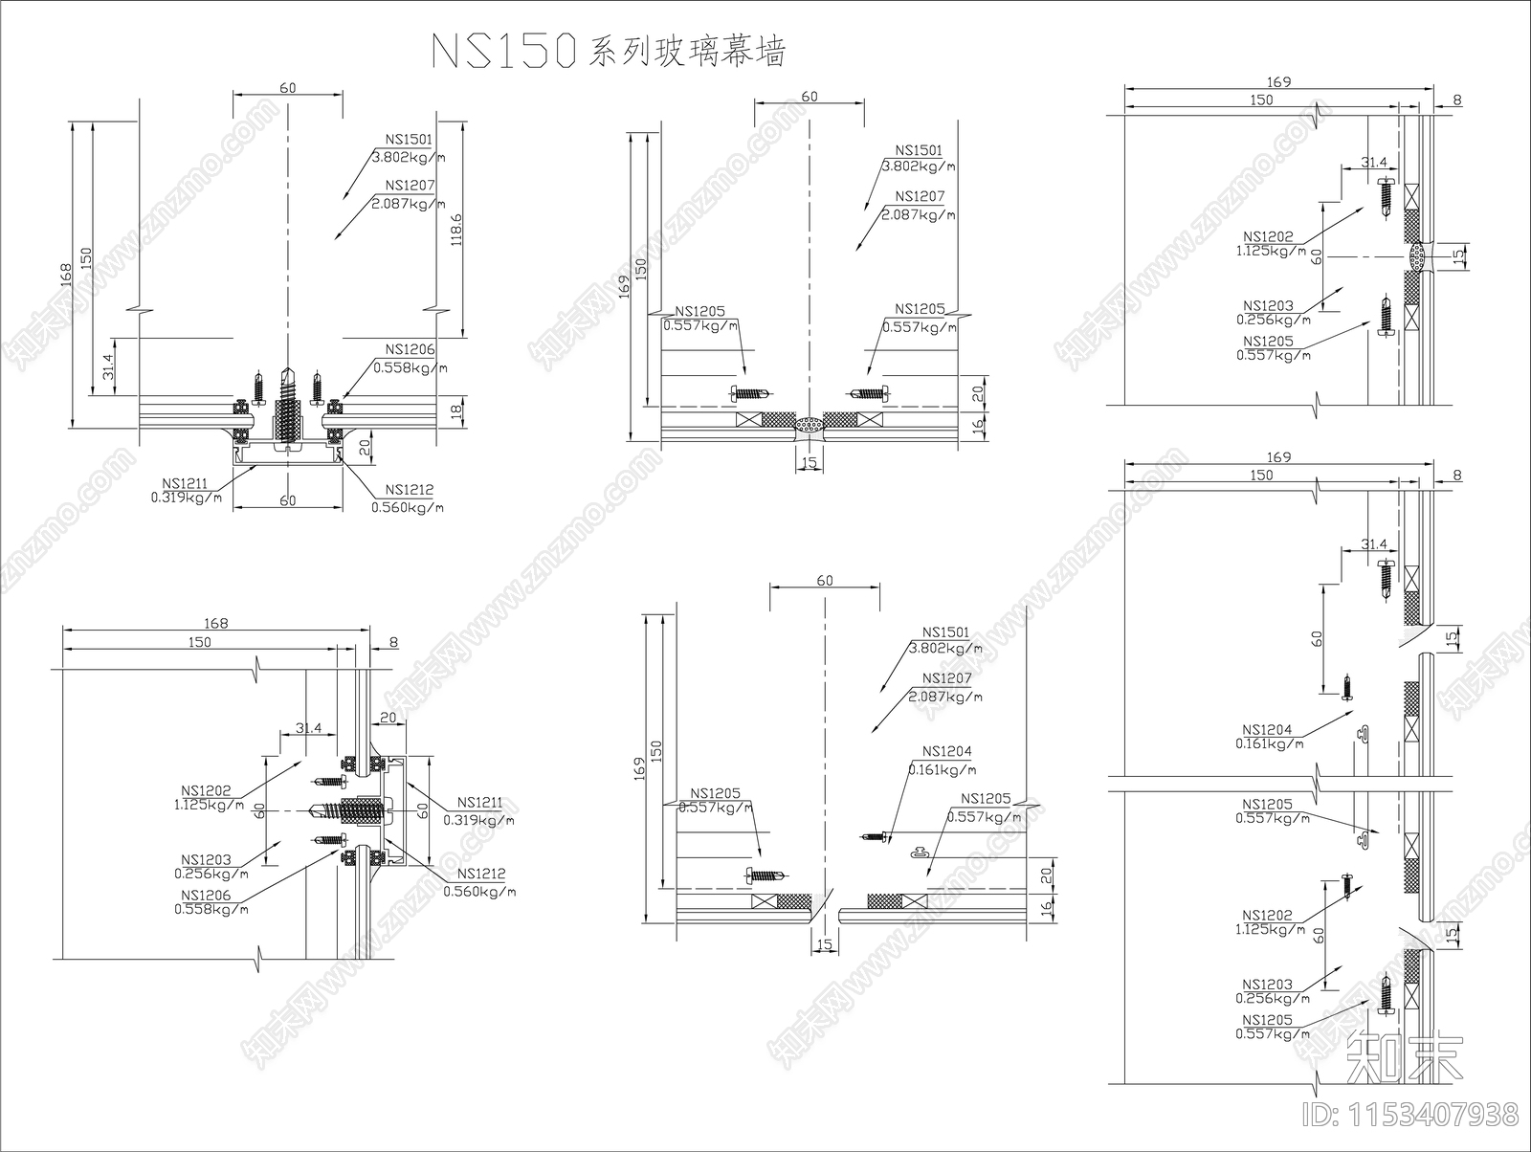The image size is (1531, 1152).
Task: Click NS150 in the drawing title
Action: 501,51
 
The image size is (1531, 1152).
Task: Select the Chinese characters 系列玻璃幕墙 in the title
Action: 687,52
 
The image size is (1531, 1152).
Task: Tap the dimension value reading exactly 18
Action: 456,410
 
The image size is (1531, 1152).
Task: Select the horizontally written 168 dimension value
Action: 216,624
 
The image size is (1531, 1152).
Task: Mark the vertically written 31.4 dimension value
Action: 108,365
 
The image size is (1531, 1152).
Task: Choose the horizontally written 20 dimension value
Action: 388,717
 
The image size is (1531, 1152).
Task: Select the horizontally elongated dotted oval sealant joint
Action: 810,425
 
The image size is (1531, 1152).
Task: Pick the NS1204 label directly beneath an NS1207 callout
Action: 946,752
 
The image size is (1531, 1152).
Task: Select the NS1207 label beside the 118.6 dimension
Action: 410,186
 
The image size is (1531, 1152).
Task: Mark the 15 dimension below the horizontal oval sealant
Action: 810,463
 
